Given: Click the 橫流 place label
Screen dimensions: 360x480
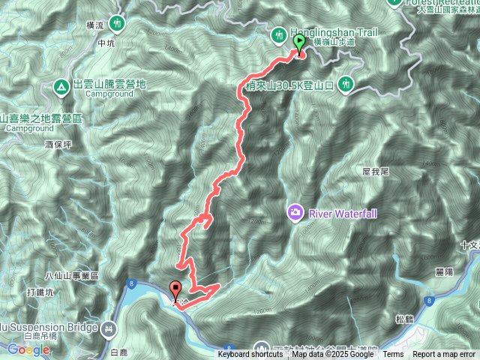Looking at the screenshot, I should (95, 25).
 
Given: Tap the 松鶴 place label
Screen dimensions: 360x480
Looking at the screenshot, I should (405, 319).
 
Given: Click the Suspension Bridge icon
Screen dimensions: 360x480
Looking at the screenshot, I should (110, 328).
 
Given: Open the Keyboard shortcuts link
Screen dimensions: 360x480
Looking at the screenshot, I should (250, 354).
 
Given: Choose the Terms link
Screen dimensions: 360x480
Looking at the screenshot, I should (393, 354).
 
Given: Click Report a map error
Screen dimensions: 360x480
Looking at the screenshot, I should (444, 354).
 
